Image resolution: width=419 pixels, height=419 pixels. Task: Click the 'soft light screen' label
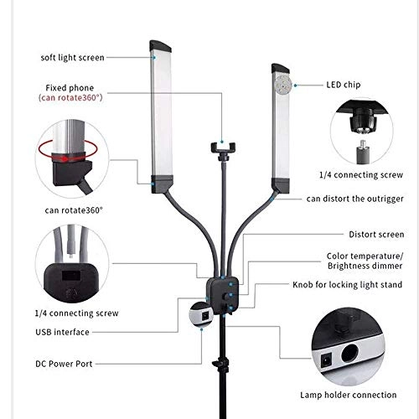[72, 58]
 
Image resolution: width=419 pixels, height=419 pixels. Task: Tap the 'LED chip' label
[344, 85]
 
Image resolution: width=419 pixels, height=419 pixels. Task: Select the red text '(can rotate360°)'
[70, 97]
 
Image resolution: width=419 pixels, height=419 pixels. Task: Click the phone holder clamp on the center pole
[223, 147]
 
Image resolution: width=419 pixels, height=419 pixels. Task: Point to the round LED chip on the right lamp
[282, 84]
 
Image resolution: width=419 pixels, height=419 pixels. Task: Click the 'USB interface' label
[62, 332]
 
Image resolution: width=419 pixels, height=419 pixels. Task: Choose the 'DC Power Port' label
[64, 364]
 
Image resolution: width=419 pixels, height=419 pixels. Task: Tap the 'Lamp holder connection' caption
[349, 395]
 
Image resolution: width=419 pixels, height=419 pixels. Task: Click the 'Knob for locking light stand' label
[348, 285]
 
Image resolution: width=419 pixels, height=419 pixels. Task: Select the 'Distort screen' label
[376, 235]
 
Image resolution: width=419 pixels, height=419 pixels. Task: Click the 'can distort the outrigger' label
[355, 199]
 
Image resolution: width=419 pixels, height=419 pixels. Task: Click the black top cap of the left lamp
[160, 46]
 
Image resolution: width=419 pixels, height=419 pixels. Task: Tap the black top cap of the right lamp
[281, 69]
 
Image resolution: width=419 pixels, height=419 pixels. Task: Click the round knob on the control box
[225, 296]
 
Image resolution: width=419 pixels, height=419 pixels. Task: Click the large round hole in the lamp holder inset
[349, 354]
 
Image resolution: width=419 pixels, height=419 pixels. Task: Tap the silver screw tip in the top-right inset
[363, 143]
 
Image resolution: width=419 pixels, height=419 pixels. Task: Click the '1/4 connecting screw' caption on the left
[77, 313]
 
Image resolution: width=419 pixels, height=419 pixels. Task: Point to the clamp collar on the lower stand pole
[221, 364]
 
